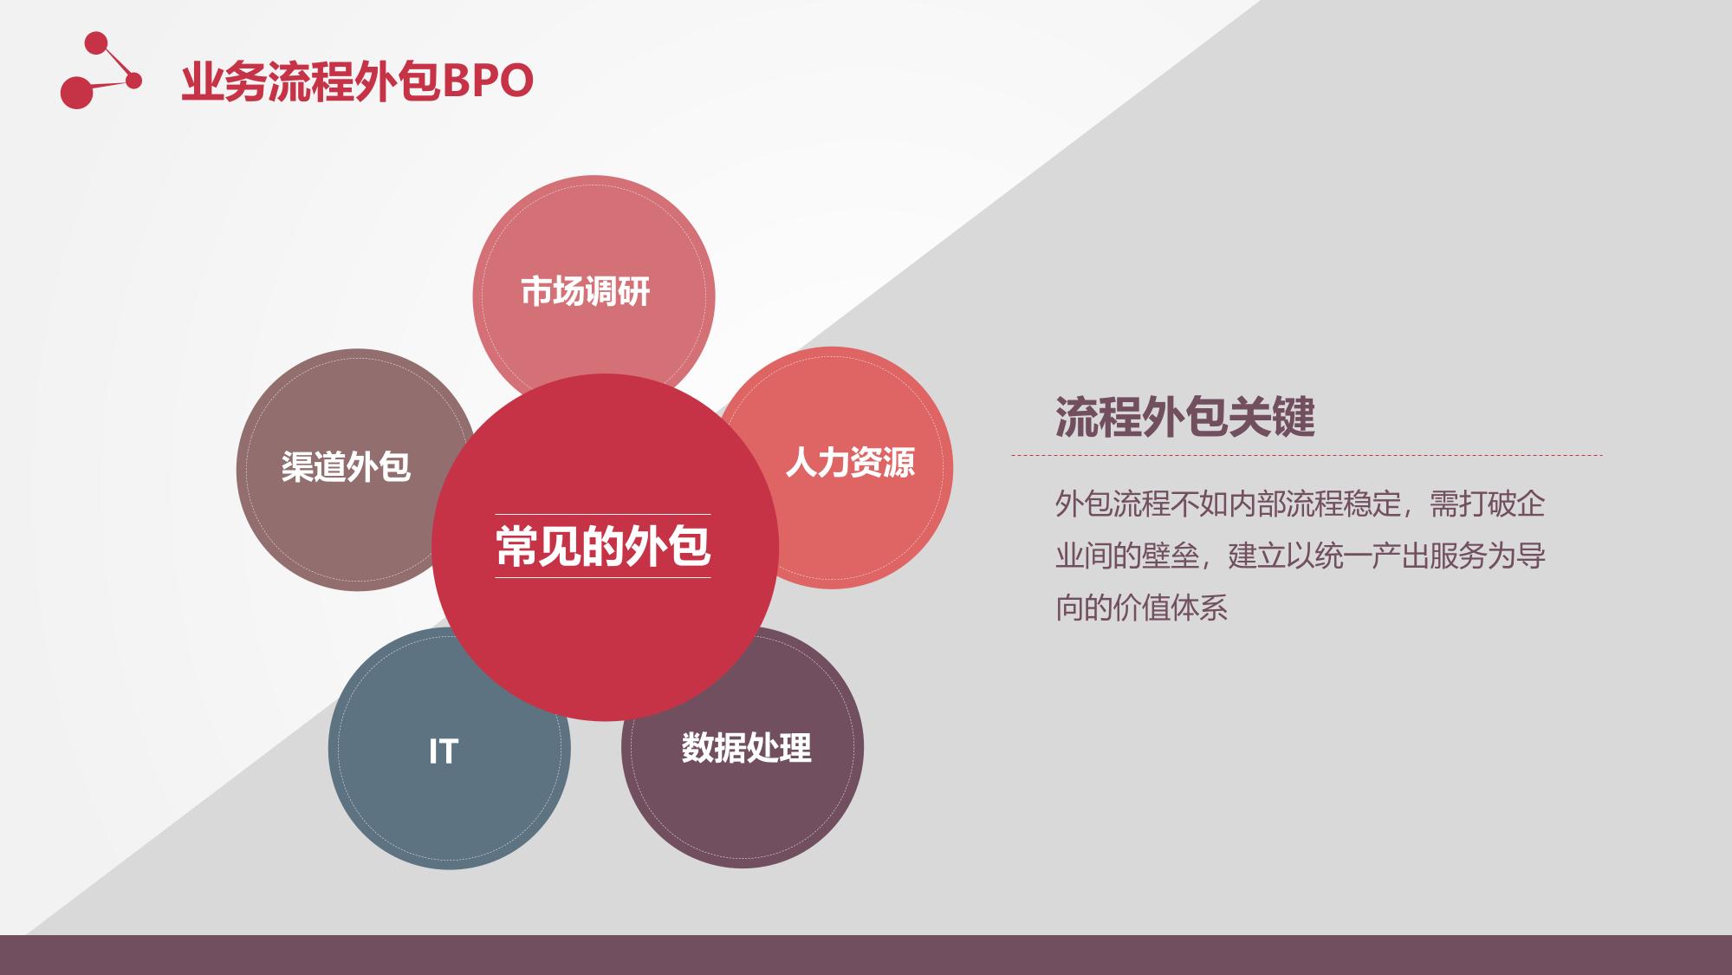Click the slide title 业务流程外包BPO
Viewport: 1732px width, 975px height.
[357, 81]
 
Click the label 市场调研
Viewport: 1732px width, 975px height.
[585, 291]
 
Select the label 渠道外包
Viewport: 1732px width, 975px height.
[346, 466]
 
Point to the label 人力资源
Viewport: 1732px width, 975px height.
[850, 462]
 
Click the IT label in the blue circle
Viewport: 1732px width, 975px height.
[443, 751]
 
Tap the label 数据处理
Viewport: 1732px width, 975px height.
[746, 747]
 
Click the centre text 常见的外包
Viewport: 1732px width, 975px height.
[603, 546]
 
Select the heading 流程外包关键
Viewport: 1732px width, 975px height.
[1184, 417]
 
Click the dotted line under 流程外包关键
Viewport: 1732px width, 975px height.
[1307, 455]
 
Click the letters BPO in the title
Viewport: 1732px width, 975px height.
[488, 81]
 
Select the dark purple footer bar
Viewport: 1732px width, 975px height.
[866, 955]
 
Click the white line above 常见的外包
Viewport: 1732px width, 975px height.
[603, 515]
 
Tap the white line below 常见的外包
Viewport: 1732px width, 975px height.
[603, 577]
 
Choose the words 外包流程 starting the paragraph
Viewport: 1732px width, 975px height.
[1113, 504]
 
